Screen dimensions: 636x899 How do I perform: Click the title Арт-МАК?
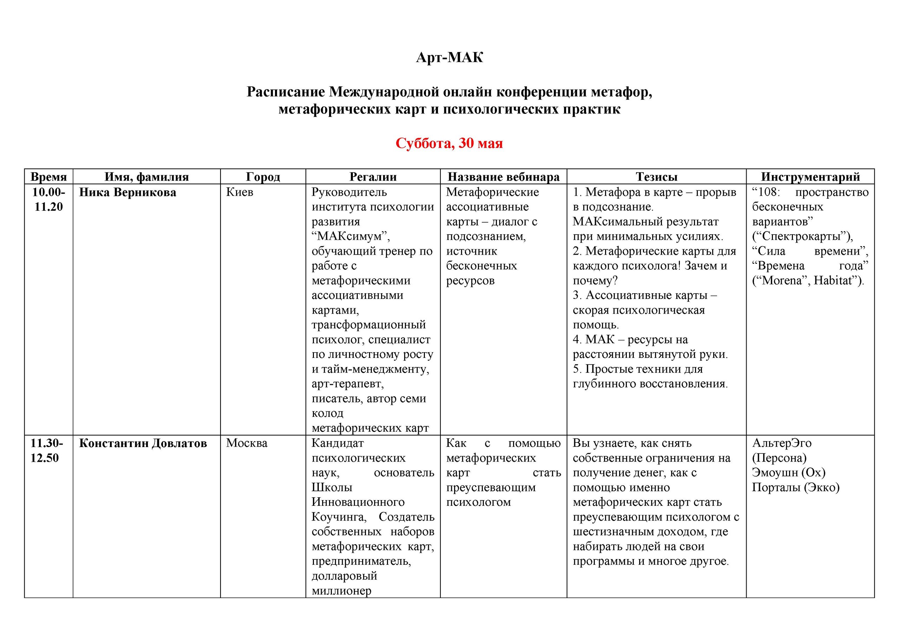449,58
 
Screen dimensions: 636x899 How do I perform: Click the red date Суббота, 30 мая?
449,143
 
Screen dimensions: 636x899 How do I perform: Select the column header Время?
48,177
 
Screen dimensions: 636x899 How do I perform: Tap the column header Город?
263,177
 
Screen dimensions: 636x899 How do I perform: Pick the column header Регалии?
373,177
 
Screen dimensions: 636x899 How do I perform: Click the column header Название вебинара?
504,177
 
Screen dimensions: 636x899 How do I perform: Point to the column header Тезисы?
656,177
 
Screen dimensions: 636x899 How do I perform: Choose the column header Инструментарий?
810,177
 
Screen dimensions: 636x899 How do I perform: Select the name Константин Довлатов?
143,443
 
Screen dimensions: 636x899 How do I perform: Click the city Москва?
247,443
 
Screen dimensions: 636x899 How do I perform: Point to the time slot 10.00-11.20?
48,200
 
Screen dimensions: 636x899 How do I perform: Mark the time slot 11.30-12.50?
47,450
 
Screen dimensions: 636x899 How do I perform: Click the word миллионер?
341,591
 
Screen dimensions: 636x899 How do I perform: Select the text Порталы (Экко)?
796,487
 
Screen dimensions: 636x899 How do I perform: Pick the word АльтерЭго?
782,443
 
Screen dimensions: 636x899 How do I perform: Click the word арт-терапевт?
347,384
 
